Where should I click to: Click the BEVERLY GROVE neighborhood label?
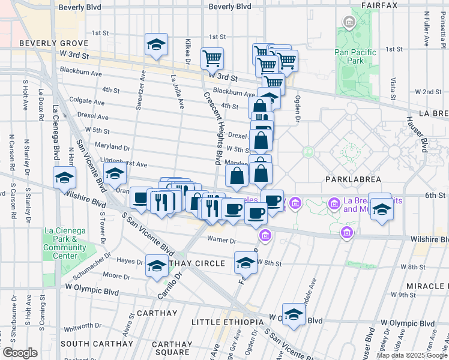tap(53, 43)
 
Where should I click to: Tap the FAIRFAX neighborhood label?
tap(379, 5)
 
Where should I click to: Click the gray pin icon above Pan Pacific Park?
tap(348, 23)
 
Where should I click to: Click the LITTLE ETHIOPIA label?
tap(227, 322)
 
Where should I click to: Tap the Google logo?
tap(20, 353)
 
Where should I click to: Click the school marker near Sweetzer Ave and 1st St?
tap(157, 45)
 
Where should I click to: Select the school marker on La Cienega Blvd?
tap(64, 178)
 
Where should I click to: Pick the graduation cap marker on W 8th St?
tap(245, 263)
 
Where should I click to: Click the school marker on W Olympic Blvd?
tap(294, 315)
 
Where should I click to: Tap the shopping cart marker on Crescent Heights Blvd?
tap(212, 59)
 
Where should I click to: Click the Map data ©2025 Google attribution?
tap(411, 355)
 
